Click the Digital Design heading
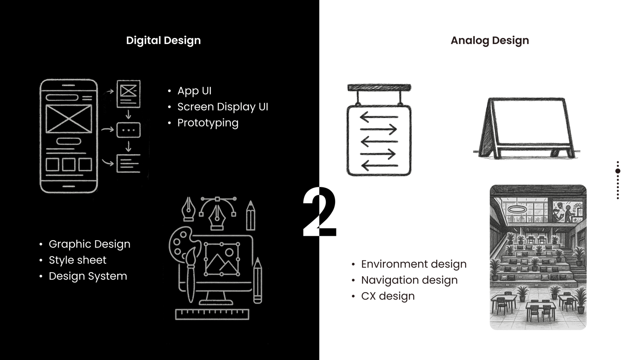(x=163, y=40)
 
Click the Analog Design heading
(x=490, y=40)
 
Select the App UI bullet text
(x=194, y=91)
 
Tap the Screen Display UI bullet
(x=223, y=107)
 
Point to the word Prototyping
(x=208, y=123)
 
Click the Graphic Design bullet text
(x=90, y=244)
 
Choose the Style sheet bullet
(x=78, y=260)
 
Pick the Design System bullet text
(x=88, y=276)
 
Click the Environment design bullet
(x=414, y=264)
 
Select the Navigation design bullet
(x=409, y=280)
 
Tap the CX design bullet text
(x=388, y=296)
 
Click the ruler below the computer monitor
(x=212, y=314)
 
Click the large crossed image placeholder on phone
(x=69, y=119)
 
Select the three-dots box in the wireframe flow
(x=129, y=130)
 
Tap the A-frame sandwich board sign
(x=526, y=128)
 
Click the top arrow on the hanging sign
(x=379, y=117)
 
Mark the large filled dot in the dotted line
(x=618, y=171)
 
